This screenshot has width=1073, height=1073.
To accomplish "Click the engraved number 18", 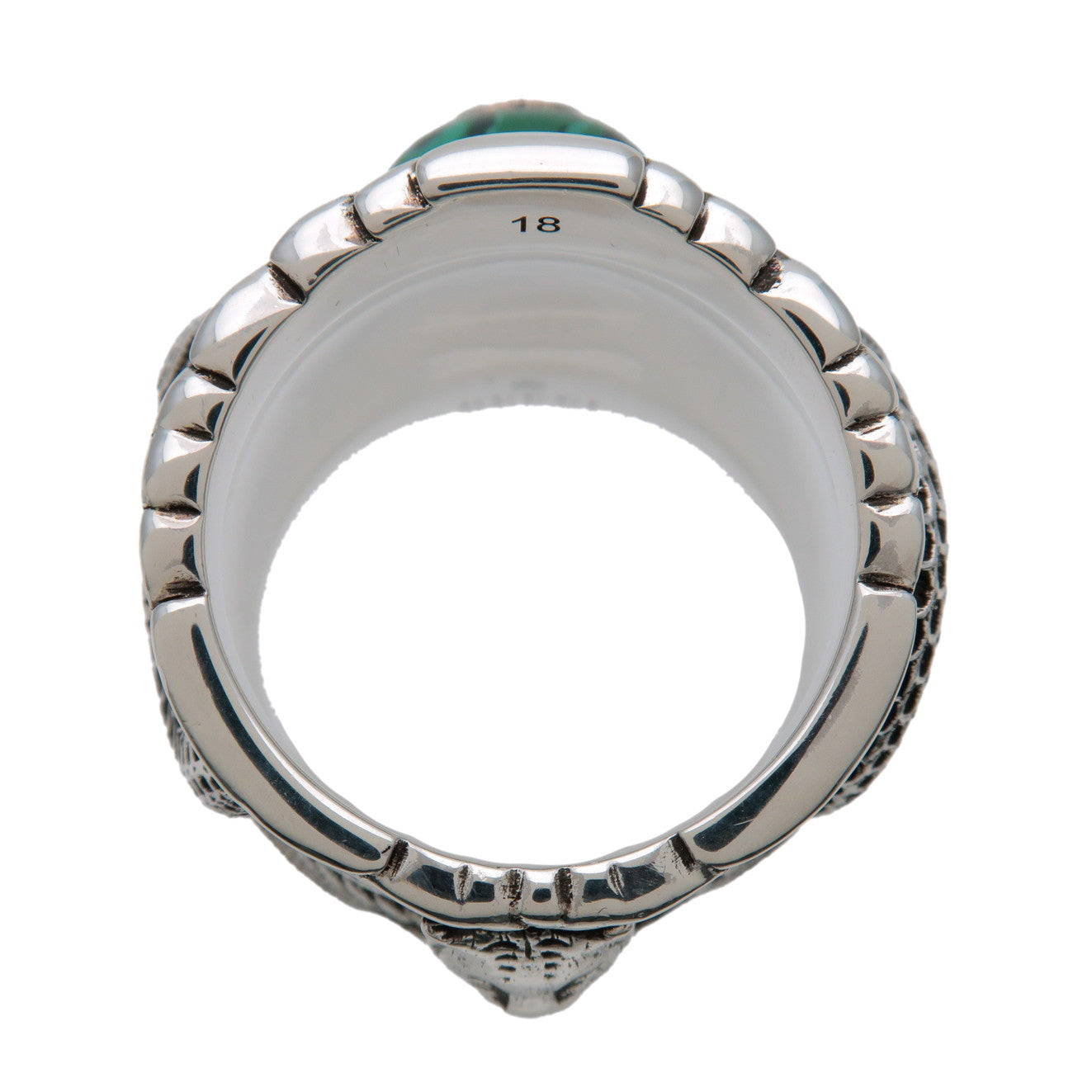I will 536,224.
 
